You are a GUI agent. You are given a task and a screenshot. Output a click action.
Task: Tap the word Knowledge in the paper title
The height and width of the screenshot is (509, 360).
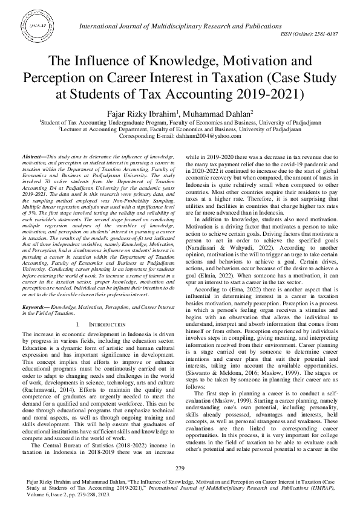[174, 62]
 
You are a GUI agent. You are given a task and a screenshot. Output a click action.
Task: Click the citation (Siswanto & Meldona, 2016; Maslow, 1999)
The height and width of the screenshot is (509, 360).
[245, 389]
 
